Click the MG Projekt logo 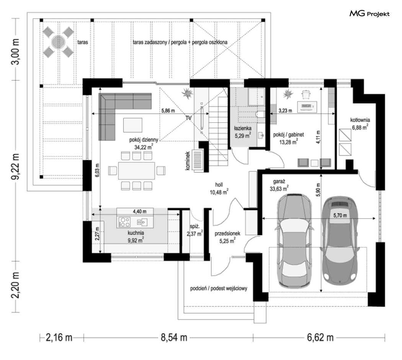369,13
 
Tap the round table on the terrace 58,42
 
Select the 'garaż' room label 279,182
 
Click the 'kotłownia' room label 360,120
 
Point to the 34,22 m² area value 144,147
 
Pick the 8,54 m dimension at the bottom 174,337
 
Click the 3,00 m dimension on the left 16,52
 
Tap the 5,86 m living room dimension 168,111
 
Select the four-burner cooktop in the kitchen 124,222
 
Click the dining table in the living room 136,170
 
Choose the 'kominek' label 188,160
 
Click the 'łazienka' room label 242,128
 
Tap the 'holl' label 219,185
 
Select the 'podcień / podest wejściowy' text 219,288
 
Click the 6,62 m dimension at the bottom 320,337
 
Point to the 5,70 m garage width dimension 340,216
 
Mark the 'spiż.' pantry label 194,226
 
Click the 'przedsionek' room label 227,234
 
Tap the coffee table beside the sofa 132,125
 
